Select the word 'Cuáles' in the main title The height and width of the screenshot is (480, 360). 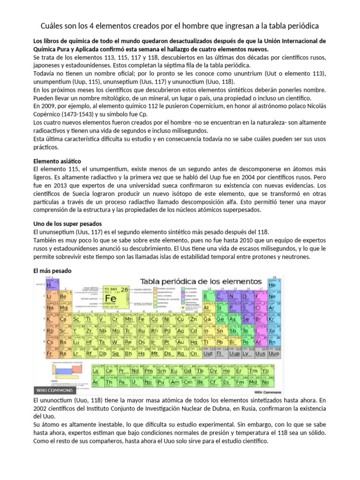[x=52, y=25]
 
